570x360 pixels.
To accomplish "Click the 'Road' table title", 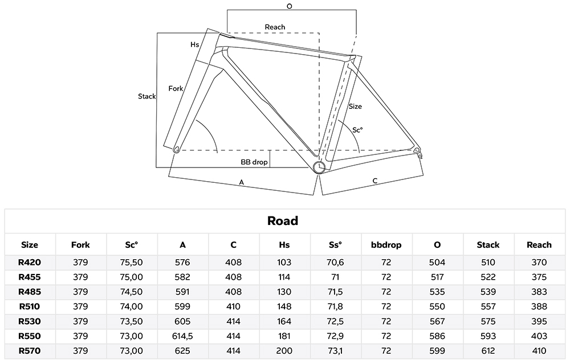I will point(283,221).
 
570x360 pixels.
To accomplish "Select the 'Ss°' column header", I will point(335,245).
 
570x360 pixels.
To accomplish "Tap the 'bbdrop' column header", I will point(386,245).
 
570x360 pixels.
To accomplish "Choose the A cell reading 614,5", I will point(182,336).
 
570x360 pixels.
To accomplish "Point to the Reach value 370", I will point(539,263).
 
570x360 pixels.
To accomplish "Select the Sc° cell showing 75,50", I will point(132,263).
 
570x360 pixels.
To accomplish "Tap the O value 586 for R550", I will point(437,336).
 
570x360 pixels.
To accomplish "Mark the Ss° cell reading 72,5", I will point(335,321).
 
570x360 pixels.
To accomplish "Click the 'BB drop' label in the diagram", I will point(254,162).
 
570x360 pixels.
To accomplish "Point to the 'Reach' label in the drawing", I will point(275,27).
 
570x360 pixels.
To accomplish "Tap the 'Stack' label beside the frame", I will point(147,96).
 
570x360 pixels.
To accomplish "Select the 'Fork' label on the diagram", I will point(176,88).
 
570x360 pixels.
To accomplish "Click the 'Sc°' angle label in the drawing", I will point(357,130).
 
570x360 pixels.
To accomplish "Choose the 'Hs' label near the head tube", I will point(195,44).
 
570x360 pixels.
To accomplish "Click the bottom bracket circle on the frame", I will point(320,166).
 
